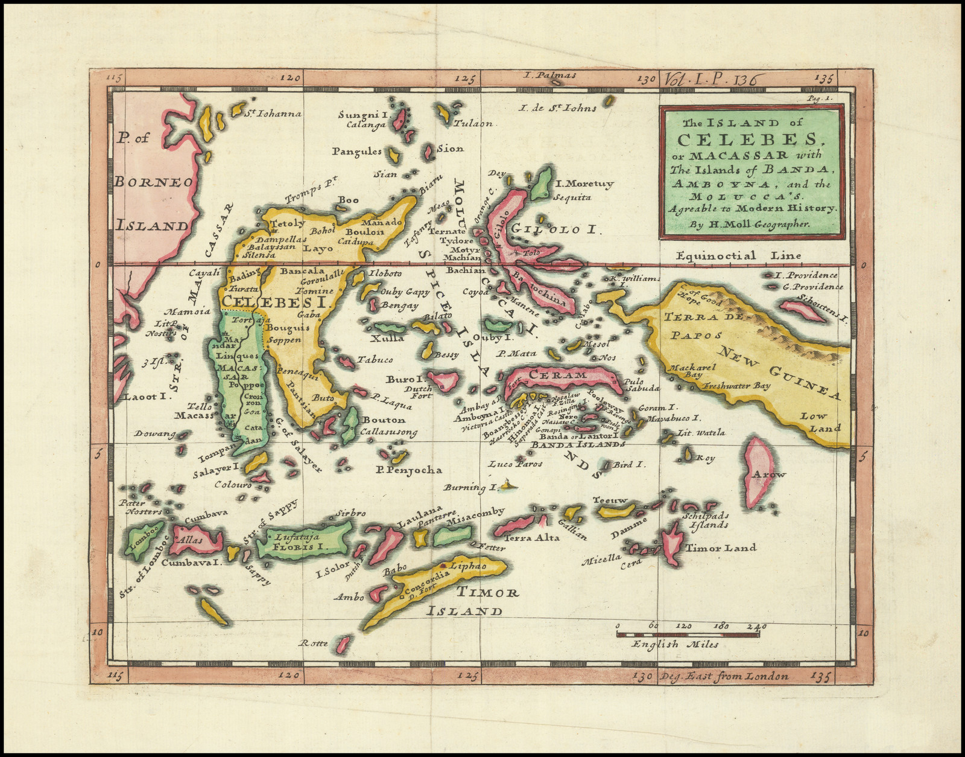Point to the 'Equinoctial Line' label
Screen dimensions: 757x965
coord(738,255)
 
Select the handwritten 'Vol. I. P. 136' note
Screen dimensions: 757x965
coord(713,78)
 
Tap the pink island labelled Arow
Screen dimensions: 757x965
coord(758,473)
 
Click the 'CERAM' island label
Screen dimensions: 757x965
coord(557,375)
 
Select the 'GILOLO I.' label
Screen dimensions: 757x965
coord(554,229)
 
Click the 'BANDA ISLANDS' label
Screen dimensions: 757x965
coord(577,444)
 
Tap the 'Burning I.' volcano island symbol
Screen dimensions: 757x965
coord(510,484)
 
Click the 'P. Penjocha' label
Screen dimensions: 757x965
coord(408,470)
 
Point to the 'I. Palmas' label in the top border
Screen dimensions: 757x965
coord(550,75)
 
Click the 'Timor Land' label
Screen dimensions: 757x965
coord(720,548)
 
